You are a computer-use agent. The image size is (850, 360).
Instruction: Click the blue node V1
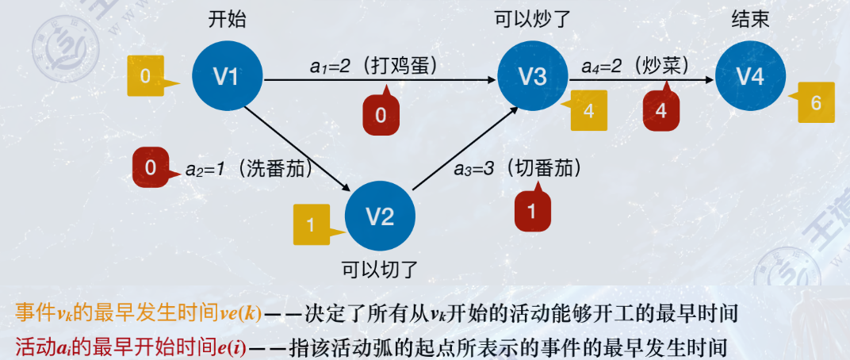click(227, 76)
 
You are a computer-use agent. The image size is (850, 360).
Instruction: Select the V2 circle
click(380, 216)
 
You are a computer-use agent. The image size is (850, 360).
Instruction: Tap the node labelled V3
click(533, 76)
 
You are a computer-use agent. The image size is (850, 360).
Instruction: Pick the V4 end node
click(750, 76)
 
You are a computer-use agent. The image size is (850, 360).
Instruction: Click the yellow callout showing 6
click(814, 102)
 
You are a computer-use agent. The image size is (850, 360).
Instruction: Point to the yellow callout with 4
click(589, 110)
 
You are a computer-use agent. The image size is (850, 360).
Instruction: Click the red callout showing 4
click(661, 111)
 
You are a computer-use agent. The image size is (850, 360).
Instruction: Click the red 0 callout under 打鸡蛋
click(381, 115)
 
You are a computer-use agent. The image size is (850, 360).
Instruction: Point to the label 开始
click(226, 19)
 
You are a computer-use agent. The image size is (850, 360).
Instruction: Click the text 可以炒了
click(530, 19)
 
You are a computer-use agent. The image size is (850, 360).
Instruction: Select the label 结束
click(750, 19)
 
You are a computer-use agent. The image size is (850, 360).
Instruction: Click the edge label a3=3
click(474, 169)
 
